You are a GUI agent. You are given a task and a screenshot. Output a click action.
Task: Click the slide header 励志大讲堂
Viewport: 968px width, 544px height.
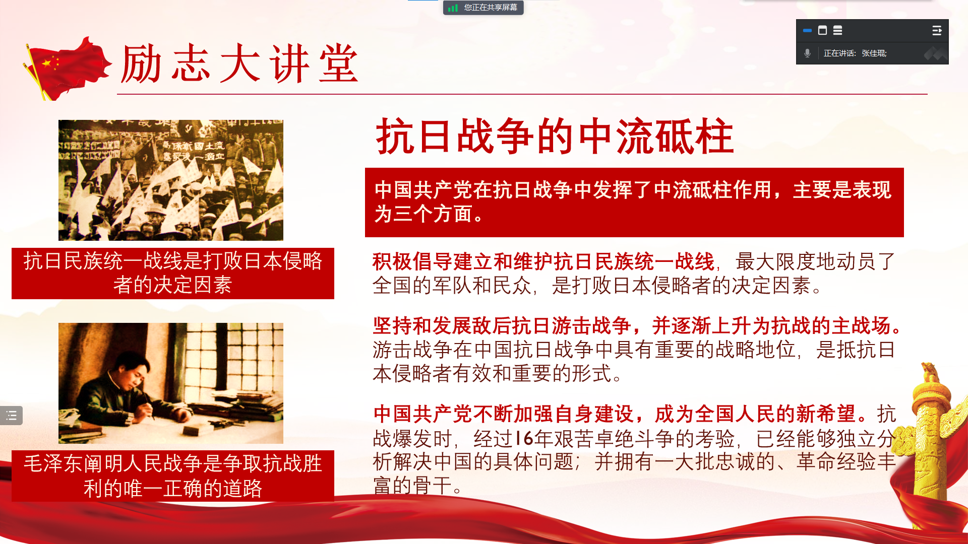click(x=240, y=63)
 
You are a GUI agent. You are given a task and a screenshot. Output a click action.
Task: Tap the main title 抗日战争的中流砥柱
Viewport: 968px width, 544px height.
click(x=555, y=136)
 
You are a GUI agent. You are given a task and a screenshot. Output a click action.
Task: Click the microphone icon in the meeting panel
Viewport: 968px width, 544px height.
click(x=807, y=53)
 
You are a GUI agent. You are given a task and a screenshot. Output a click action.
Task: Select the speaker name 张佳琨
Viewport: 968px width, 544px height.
click(x=874, y=53)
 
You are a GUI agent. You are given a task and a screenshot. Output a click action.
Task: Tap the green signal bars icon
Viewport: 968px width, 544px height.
click(x=453, y=8)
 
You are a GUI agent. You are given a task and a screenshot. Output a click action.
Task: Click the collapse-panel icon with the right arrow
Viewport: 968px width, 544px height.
click(x=937, y=31)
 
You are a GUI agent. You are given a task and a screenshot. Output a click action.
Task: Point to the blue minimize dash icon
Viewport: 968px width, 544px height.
click(x=807, y=31)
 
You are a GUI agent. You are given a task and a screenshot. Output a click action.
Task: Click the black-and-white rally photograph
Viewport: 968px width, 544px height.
click(x=171, y=180)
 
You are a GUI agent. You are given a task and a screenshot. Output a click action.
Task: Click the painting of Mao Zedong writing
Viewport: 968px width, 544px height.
click(x=171, y=383)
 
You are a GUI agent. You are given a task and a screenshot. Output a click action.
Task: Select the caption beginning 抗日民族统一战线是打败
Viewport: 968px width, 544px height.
click(x=173, y=273)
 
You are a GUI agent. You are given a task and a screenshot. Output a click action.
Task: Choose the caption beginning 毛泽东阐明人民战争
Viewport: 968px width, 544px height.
click(x=173, y=476)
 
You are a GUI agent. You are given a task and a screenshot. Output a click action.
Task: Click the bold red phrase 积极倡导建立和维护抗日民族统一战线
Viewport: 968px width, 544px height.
click(x=543, y=262)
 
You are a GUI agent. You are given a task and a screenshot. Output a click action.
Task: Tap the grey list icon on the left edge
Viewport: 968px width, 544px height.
click(x=12, y=416)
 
